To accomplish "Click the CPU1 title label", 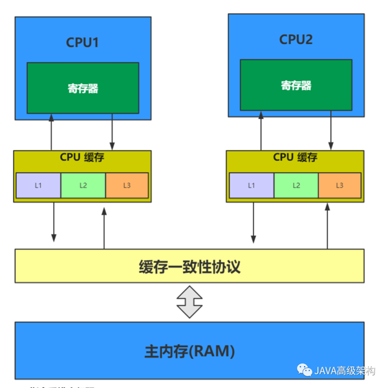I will [83, 43].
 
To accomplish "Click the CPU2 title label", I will [296, 39].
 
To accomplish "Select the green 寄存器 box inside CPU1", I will [83, 88].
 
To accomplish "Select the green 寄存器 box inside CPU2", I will [296, 85].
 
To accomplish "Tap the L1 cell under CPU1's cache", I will [38, 186].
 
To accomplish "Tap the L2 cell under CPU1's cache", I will [83, 186].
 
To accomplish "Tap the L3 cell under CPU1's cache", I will [127, 186].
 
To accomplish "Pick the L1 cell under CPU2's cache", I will [252, 186].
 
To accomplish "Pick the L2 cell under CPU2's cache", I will [296, 186].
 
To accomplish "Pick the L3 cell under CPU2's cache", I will [339, 186].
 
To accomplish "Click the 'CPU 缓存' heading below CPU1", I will [83, 157].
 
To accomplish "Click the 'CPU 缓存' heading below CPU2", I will [296, 157].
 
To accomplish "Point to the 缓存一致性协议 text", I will [189, 266].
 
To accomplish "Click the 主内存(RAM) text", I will [189, 352].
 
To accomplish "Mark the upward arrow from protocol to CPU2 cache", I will [328, 226].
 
